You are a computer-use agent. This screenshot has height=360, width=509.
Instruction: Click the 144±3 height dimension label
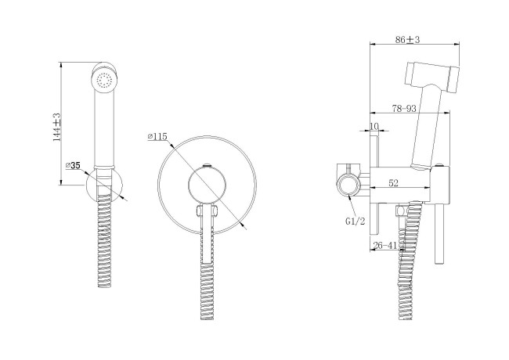[x=57, y=127]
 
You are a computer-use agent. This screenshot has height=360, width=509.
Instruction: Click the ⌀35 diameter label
[x=73, y=165]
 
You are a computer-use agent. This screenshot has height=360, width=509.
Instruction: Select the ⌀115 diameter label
[x=157, y=137]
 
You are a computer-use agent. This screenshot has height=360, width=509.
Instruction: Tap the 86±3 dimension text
[x=407, y=40]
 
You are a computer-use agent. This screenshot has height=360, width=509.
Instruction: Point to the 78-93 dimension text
[x=404, y=108]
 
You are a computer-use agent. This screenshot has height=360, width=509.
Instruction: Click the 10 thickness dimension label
[x=374, y=126]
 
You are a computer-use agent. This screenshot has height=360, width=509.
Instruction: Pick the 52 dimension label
[x=393, y=183]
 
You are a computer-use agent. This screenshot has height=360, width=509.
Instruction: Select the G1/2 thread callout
[x=356, y=221]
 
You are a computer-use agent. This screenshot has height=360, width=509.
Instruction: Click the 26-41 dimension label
[x=385, y=246]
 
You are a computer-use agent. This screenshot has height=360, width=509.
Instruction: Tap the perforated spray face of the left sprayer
[x=104, y=80]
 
